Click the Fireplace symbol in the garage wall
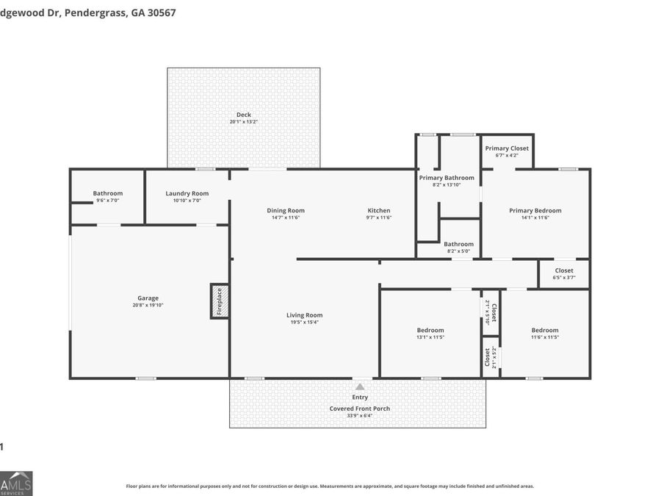click(219, 301)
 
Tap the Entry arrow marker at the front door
click(360, 387)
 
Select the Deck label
click(243, 115)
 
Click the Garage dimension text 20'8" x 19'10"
click(148, 306)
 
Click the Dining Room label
click(285, 211)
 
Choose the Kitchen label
click(379, 211)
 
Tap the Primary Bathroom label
click(447, 178)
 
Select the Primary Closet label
click(507, 148)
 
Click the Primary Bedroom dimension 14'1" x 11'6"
click(535, 218)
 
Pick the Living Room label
click(304, 315)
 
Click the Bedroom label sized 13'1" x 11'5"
click(430, 330)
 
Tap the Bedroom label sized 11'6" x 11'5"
click(545, 330)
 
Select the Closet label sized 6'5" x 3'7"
click(564, 270)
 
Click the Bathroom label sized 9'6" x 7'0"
click(108, 193)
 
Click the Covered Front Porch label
click(360, 409)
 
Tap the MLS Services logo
click(16, 483)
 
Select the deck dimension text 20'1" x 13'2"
click(243, 121)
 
